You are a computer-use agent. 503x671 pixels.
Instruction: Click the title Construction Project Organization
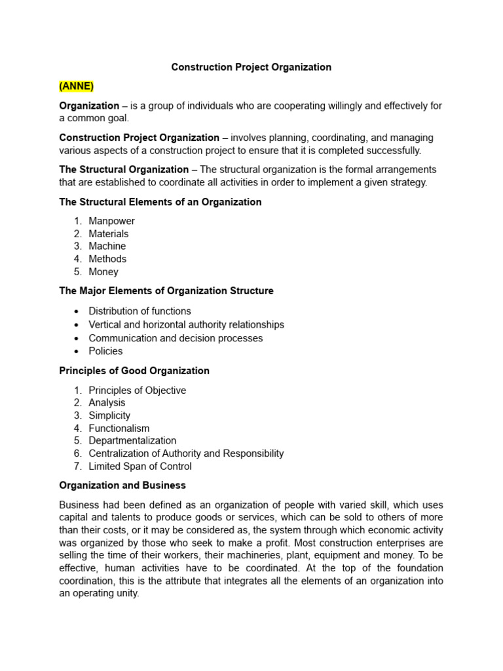click(251, 67)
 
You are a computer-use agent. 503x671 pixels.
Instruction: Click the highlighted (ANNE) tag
click(77, 86)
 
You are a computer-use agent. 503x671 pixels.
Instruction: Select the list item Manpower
click(111, 221)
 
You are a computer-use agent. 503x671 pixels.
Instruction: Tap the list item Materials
click(109, 233)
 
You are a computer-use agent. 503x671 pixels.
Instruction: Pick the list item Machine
click(107, 246)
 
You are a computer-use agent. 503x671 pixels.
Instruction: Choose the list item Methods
click(107, 259)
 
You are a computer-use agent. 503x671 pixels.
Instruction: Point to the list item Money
click(103, 271)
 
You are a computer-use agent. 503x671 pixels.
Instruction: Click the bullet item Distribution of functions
click(140, 311)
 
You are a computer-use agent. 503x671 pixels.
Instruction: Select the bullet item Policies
click(105, 351)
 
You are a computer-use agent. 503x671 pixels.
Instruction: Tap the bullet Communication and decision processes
click(176, 338)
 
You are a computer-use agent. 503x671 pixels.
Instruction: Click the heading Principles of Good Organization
click(134, 371)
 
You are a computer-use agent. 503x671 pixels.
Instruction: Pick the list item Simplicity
click(109, 415)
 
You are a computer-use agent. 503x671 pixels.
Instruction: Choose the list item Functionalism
click(119, 428)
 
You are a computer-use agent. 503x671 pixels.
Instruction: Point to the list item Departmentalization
click(132, 440)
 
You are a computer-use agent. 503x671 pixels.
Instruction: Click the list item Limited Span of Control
click(140, 466)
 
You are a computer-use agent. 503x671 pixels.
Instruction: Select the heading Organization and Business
click(122, 486)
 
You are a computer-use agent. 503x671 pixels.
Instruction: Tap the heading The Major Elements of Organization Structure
click(166, 291)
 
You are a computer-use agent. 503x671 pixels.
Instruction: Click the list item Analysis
click(107, 402)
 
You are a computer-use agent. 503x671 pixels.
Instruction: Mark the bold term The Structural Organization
click(124, 170)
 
